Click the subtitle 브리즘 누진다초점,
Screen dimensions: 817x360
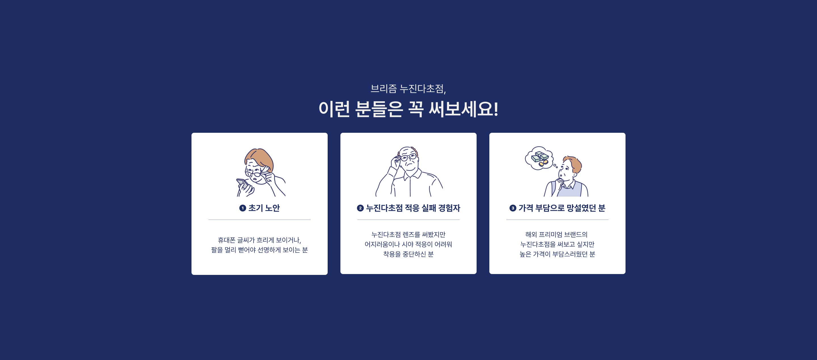tap(408, 89)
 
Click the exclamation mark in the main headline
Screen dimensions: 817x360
tap(496, 109)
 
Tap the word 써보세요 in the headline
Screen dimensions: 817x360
tap(460, 109)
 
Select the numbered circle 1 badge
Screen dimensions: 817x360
tap(243, 208)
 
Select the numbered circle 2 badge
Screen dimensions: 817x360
tap(360, 208)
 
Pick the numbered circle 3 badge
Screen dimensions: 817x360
tap(513, 208)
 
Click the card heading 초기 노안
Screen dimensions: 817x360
tap(264, 208)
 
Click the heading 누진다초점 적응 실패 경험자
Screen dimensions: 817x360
tap(413, 208)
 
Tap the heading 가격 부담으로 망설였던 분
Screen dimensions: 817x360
tap(562, 208)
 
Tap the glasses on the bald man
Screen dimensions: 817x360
tap(408, 157)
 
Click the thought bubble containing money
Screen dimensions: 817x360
tap(539, 158)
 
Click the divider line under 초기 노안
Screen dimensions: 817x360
tap(260, 220)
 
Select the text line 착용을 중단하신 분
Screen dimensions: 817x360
tap(408, 254)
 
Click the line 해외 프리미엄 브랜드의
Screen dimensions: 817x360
tap(557, 234)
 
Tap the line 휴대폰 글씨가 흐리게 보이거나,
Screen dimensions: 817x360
tap(260, 240)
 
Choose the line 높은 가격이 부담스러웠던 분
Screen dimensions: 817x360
tap(557, 254)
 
